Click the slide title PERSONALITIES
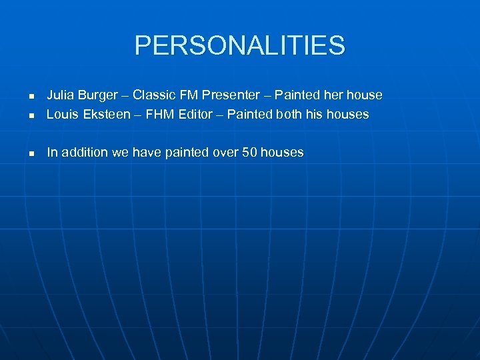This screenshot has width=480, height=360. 240,45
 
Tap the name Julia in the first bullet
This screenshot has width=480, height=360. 60,95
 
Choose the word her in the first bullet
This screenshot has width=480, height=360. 333,95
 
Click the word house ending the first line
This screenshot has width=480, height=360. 364,95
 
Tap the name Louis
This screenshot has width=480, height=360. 61,114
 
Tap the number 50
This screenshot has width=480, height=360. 249,153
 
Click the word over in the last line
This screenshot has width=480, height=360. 225,153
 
